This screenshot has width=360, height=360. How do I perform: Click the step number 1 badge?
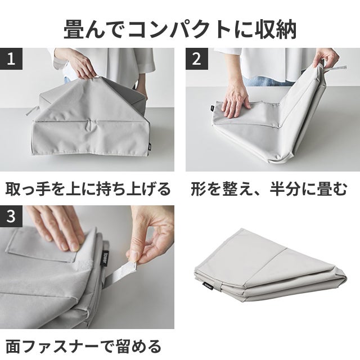pos(11,58)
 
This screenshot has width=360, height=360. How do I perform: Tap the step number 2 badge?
pos(197,58)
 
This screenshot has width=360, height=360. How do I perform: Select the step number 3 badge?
pos(11,216)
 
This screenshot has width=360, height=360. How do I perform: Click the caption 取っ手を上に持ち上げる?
pos(88,190)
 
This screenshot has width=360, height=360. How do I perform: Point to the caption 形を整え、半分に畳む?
pos(269,190)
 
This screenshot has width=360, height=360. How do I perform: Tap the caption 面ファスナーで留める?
pos(83,346)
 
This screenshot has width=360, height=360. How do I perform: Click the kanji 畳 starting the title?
pos(74,29)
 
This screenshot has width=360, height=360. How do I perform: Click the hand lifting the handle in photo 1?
pos(79,64)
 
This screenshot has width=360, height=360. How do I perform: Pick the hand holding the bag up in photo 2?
pos(326,57)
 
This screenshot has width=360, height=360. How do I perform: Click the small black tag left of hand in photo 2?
pos(212,107)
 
